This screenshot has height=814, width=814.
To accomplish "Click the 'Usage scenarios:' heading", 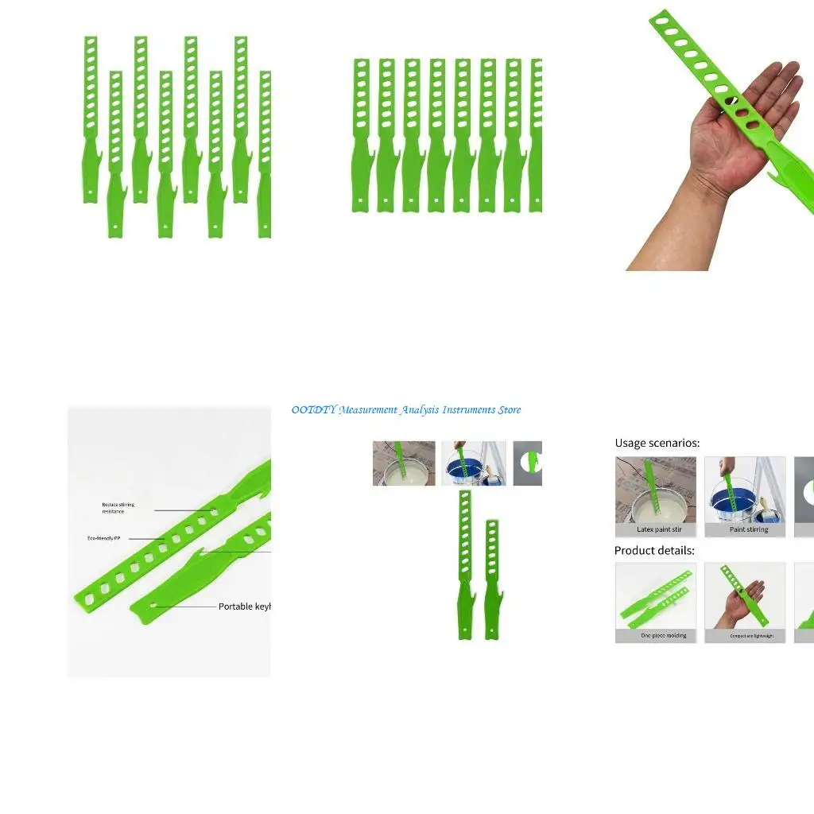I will click(x=657, y=443).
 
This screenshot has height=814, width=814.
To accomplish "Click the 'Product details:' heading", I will click(x=654, y=550).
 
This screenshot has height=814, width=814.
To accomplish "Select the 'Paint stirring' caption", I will click(x=749, y=529).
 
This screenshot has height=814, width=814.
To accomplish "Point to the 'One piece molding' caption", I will click(x=663, y=636).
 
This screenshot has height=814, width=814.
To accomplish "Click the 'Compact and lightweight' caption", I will click(x=751, y=636).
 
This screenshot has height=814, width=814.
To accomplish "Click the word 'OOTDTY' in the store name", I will click(x=313, y=410).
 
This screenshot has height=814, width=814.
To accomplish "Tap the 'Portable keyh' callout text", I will click(x=244, y=607).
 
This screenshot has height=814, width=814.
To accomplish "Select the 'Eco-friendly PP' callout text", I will click(x=103, y=538).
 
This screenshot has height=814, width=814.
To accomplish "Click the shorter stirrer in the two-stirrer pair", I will click(x=492, y=579).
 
